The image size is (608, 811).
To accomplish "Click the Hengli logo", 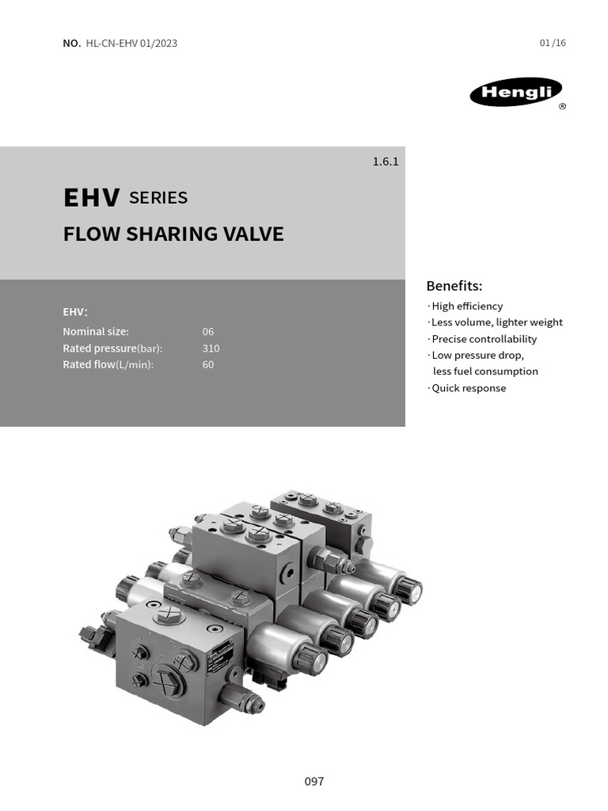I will (x=515, y=92).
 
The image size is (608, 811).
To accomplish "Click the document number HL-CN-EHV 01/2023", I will (x=131, y=43).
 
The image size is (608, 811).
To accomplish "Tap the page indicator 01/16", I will (x=553, y=43).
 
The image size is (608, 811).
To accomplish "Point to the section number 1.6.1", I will (x=386, y=162).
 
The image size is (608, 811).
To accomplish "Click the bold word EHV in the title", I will (x=92, y=198).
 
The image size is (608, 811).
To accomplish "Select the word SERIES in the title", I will (x=158, y=198).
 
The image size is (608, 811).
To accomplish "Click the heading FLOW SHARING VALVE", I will (x=173, y=234).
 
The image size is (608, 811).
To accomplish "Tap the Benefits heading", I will (x=454, y=286).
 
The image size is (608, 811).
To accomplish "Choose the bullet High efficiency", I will (x=466, y=307).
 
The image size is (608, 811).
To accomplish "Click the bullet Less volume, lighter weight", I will (x=496, y=322).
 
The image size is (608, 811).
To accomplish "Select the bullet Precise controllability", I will (x=484, y=339).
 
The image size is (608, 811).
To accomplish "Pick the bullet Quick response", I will (x=468, y=388).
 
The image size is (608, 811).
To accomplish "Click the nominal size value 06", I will (x=208, y=332).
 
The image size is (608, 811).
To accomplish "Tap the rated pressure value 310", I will (x=211, y=348).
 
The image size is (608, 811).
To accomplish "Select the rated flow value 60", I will (x=208, y=365).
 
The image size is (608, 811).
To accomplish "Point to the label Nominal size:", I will (x=96, y=332).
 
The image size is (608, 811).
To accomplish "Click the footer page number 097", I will (x=314, y=782).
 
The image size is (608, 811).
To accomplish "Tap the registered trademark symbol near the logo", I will (x=562, y=107).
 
